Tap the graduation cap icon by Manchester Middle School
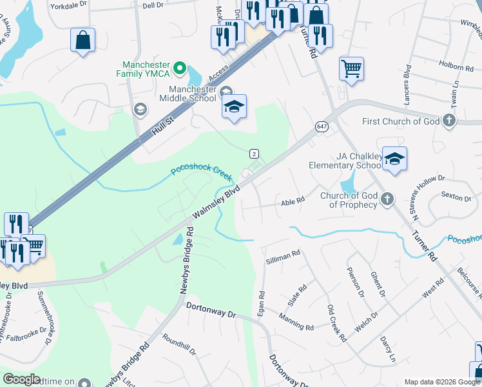click(234, 108)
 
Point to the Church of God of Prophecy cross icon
click(387, 199)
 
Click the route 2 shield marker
click(255, 153)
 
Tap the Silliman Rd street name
click(284, 254)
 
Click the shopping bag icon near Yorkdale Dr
click(83, 41)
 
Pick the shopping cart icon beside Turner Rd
click(351, 68)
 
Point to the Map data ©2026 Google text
click(441, 382)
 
